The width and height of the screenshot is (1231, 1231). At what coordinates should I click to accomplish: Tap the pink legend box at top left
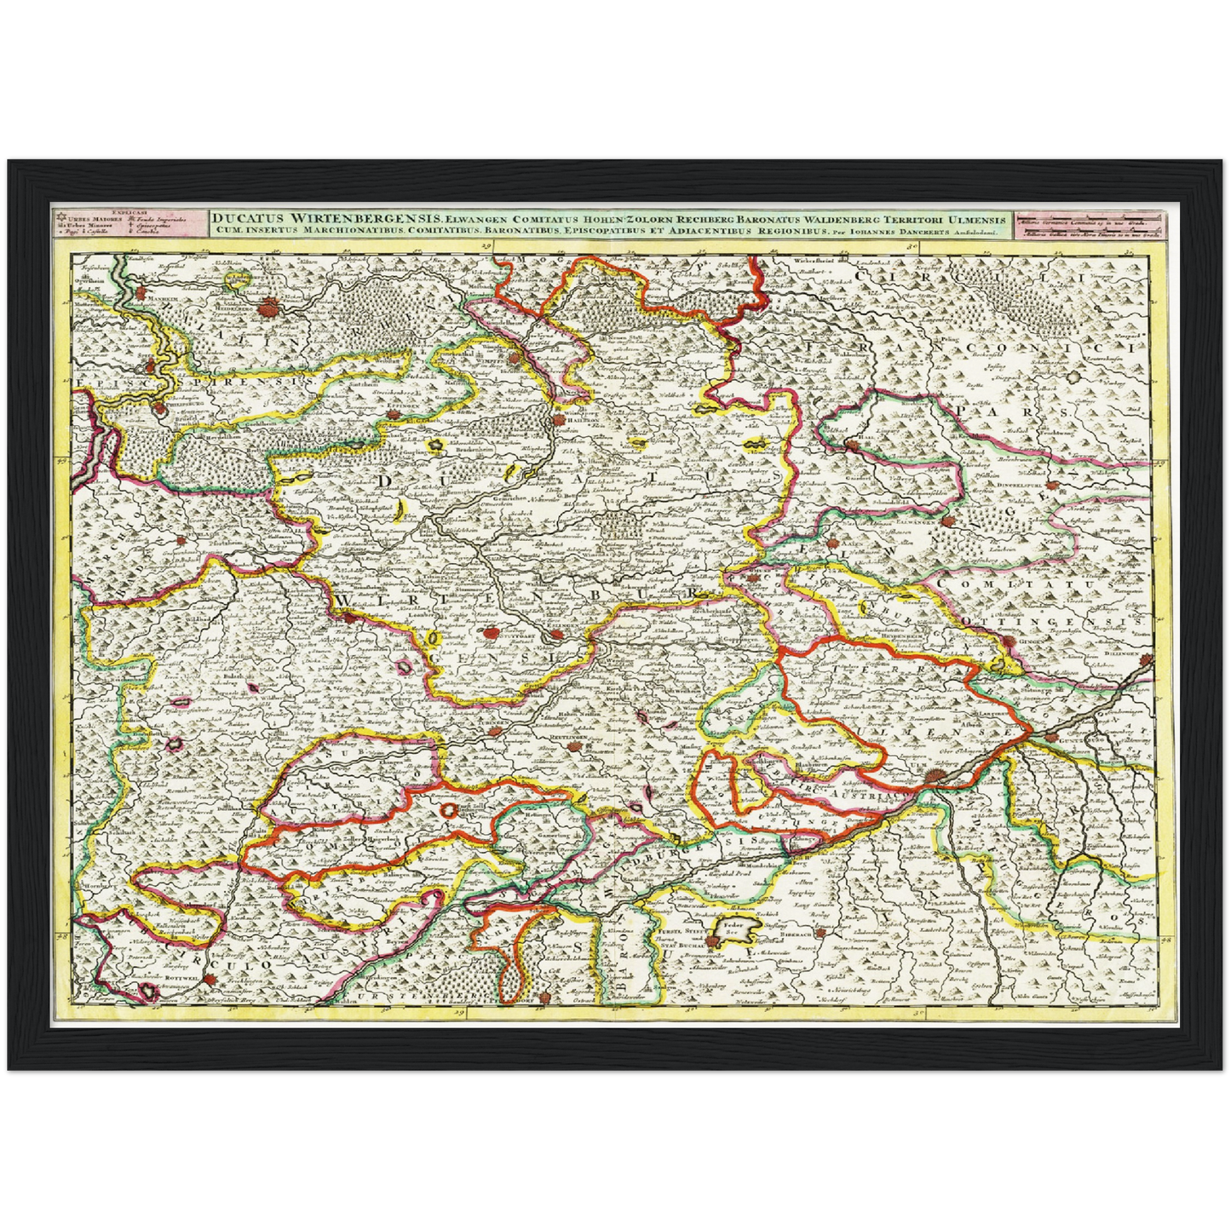(127, 223)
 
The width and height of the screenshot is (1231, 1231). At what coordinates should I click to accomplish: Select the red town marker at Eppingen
(393, 415)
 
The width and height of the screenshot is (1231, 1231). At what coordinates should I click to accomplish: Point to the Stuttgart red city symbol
(490, 633)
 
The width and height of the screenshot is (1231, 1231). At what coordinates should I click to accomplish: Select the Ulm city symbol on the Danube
(935, 775)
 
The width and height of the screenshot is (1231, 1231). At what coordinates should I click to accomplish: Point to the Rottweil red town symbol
(150, 989)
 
